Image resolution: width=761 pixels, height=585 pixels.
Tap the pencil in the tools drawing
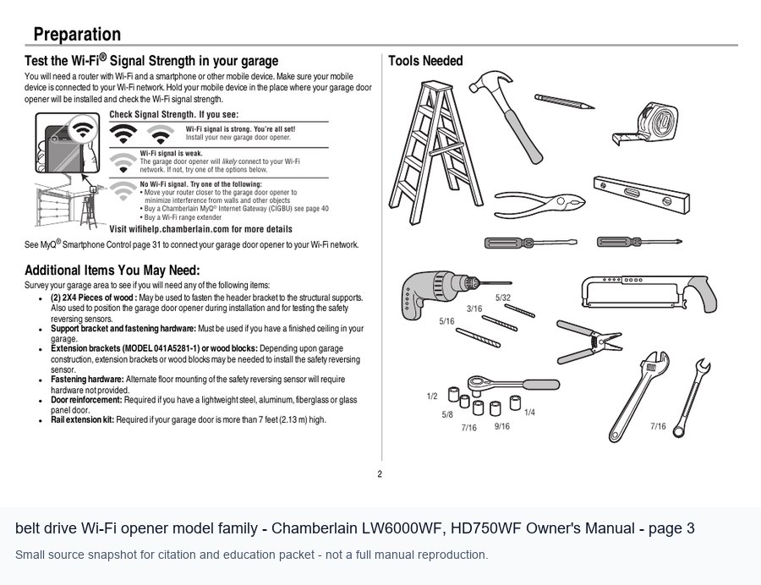click(565, 101)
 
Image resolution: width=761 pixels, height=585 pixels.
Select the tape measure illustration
click(646, 123)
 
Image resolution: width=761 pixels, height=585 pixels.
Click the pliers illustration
click(539, 205)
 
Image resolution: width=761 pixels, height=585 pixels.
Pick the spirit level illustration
click(641, 194)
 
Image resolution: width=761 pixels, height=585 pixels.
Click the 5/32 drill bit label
click(503, 298)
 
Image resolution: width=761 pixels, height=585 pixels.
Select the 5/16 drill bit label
click(446, 321)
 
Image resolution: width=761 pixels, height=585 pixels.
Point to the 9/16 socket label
click(501, 426)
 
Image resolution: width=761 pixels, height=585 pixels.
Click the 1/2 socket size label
click(432, 396)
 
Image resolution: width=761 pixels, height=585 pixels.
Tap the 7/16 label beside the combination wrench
click(658, 426)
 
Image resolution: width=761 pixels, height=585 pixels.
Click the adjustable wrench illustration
click(638, 396)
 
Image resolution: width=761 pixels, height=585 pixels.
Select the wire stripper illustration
click(589, 341)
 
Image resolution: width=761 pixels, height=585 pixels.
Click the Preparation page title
click(77, 35)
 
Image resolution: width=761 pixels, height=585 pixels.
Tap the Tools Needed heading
click(425, 61)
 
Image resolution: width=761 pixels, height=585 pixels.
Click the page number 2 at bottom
click(380, 474)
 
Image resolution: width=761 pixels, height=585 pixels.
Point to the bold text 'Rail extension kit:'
click(83, 419)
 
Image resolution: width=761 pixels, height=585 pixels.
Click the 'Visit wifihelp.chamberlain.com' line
click(201, 229)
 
